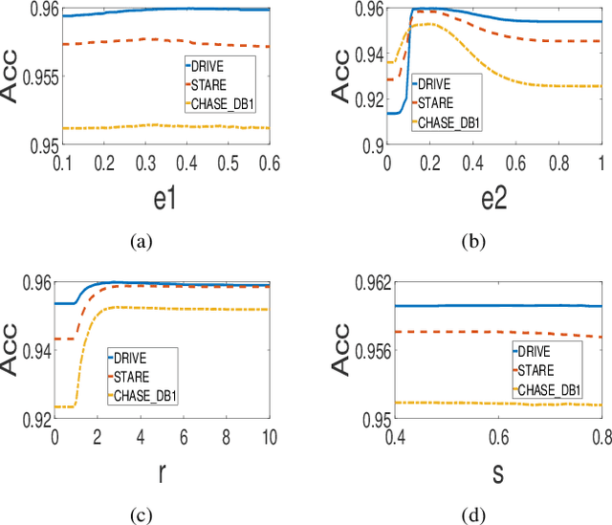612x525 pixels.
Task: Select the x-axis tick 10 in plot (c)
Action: (x=269, y=436)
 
